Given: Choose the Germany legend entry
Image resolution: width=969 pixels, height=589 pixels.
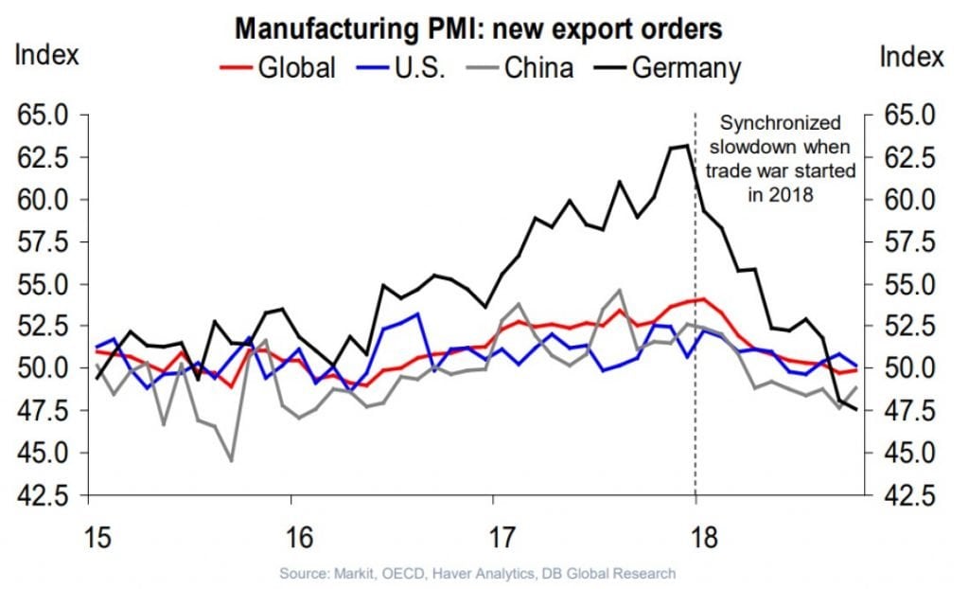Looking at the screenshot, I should click(x=671, y=68).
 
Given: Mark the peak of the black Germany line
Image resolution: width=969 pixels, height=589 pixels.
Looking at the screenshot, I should click(x=684, y=145).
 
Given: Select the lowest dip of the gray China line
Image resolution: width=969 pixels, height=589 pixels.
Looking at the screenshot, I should click(x=231, y=461).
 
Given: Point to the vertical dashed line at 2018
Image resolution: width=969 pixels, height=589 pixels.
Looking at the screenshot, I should click(x=696, y=379).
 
